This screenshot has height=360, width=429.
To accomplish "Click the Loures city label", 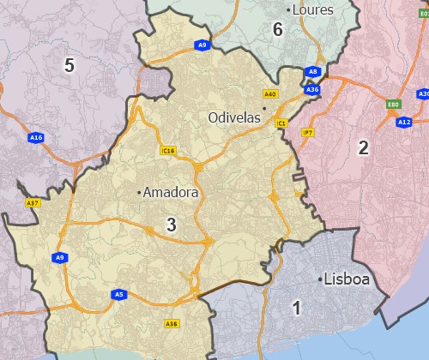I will coord(313,10).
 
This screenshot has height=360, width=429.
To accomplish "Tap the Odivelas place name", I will coord(234,117).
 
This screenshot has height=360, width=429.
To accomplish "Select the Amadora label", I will coord(171,193).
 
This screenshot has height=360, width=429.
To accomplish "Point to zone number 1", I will coord(297,308).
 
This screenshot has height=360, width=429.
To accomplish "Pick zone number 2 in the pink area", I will coord(364,147).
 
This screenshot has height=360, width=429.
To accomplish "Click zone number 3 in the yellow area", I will coord(172,225).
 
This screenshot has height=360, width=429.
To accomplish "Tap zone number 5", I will coord(69,65).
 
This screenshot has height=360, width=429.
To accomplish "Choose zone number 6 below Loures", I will coord(277,30).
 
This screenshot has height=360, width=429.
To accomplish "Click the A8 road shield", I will coord(314,73).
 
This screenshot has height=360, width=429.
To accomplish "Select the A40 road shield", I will coord(270,93).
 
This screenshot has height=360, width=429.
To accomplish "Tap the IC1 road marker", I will coord(281,124).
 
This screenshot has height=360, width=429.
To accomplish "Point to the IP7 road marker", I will coord(307,132).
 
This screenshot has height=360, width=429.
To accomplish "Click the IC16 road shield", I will coord(168,151).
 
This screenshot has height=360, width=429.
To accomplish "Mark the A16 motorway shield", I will coord(35,137).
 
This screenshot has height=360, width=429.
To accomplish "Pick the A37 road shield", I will coord(33,203).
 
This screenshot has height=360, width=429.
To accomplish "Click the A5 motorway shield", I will coord(119,295).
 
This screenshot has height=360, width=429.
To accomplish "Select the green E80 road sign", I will coord(394,105).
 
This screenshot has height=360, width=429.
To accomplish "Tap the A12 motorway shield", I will coord(404,123).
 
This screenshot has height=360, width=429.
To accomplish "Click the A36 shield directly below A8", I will coord(312,88).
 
